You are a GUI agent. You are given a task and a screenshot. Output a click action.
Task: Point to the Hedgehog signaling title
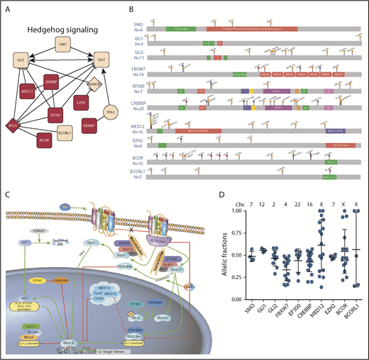coord(62,29)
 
